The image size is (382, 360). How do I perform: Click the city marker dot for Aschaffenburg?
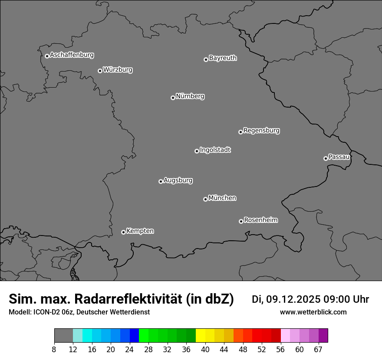pyautogui.click(x=47, y=56)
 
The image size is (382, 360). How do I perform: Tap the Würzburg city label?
pyautogui.click(x=118, y=70)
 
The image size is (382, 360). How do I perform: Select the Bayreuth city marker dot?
pyautogui.click(x=206, y=59)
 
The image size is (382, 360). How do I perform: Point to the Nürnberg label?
pyautogui.click(x=190, y=96)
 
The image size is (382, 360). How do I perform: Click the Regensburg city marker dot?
pyautogui.click(x=240, y=132)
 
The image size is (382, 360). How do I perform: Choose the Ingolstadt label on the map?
pyautogui.click(x=215, y=150)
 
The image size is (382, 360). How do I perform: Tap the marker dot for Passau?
pyautogui.click(x=326, y=158)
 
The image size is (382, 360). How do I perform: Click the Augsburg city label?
pyautogui.click(x=178, y=180)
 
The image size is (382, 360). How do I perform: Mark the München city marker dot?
pyautogui.click(x=205, y=199)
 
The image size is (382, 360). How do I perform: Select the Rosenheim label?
pyautogui.click(x=261, y=220)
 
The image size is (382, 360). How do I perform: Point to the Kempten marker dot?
pyautogui.click(x=123, y=232)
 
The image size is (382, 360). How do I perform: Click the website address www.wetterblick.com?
pyautogui.click(x=313, y=312)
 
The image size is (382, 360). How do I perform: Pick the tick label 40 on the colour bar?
pyautogui.click(x=205, y=350)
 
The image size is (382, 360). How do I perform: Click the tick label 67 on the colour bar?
pyautogui.click(x=318, y=350)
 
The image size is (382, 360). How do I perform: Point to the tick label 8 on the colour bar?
pyautogui.click(x=54, y=350)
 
